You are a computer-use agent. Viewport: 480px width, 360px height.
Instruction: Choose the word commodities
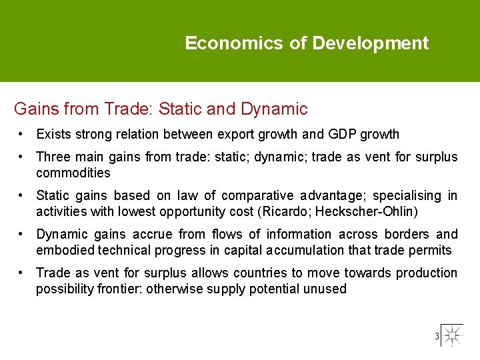point(73,173)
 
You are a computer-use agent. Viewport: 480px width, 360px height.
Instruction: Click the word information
point(299,234)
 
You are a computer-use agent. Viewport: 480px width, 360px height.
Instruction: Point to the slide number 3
point(437,336)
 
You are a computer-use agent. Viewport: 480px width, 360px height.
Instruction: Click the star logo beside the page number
point(453,335)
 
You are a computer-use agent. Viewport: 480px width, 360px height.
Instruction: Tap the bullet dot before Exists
point(22,134)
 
